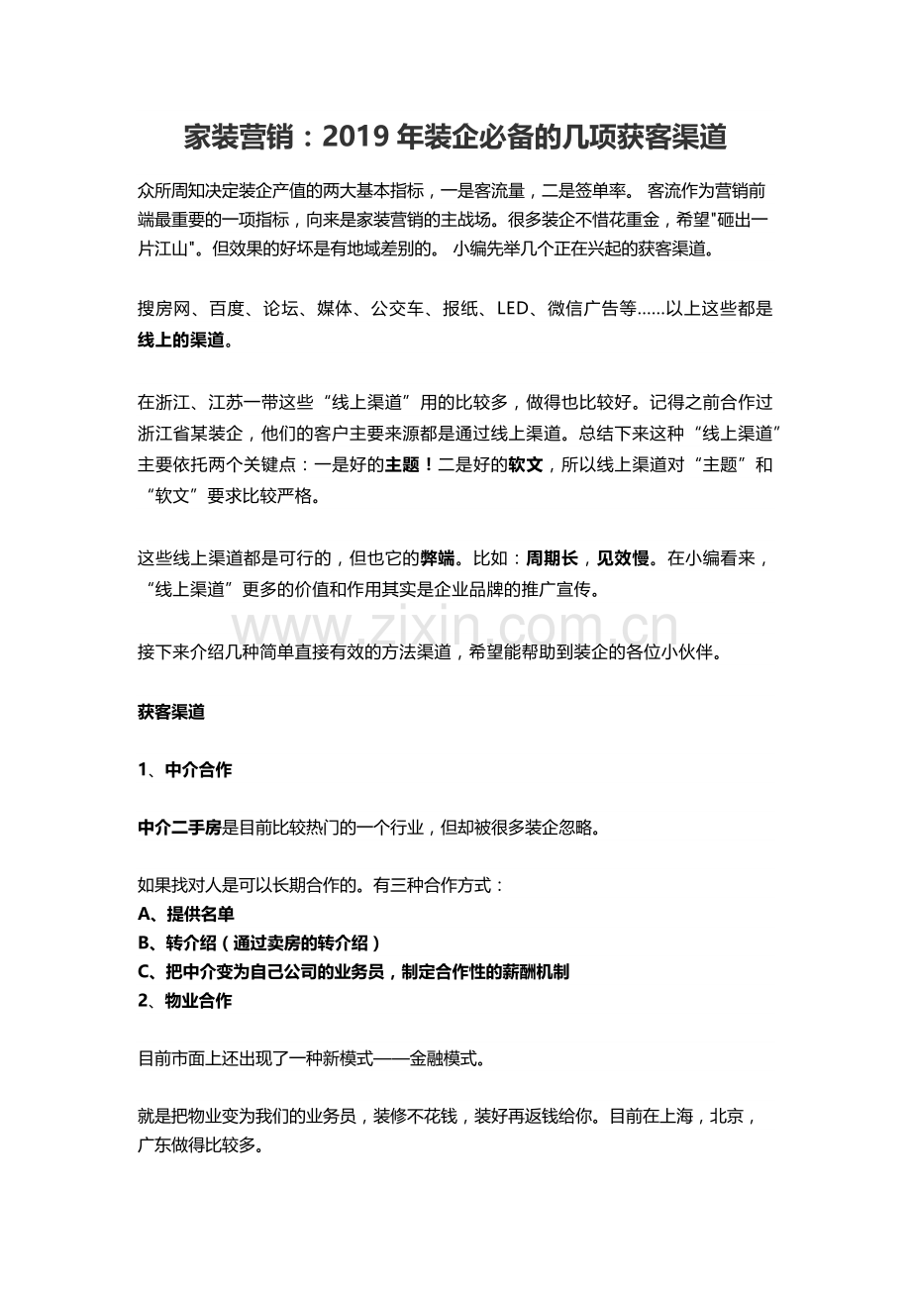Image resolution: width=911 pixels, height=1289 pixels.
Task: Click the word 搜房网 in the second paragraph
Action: point(162,309)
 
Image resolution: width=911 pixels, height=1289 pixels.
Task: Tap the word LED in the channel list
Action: point(514,309)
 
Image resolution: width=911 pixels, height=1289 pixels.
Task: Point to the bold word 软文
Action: point(525,465)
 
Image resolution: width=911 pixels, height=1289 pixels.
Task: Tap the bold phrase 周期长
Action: point(552,558)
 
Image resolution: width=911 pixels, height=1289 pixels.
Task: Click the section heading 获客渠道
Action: point(171,712)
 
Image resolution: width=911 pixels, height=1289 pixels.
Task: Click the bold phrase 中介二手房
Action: point(180,827)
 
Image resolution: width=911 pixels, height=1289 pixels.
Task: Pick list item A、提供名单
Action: point(186,914)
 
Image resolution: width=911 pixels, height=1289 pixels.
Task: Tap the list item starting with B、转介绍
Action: point(260,942)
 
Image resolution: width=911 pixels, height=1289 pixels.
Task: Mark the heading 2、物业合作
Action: point(185,1000)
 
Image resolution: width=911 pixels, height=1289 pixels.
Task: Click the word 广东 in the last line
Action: point(154,1145)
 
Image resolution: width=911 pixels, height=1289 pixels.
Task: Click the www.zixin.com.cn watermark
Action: point(455,628)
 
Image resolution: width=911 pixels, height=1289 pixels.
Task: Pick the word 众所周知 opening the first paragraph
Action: point(171,189)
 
